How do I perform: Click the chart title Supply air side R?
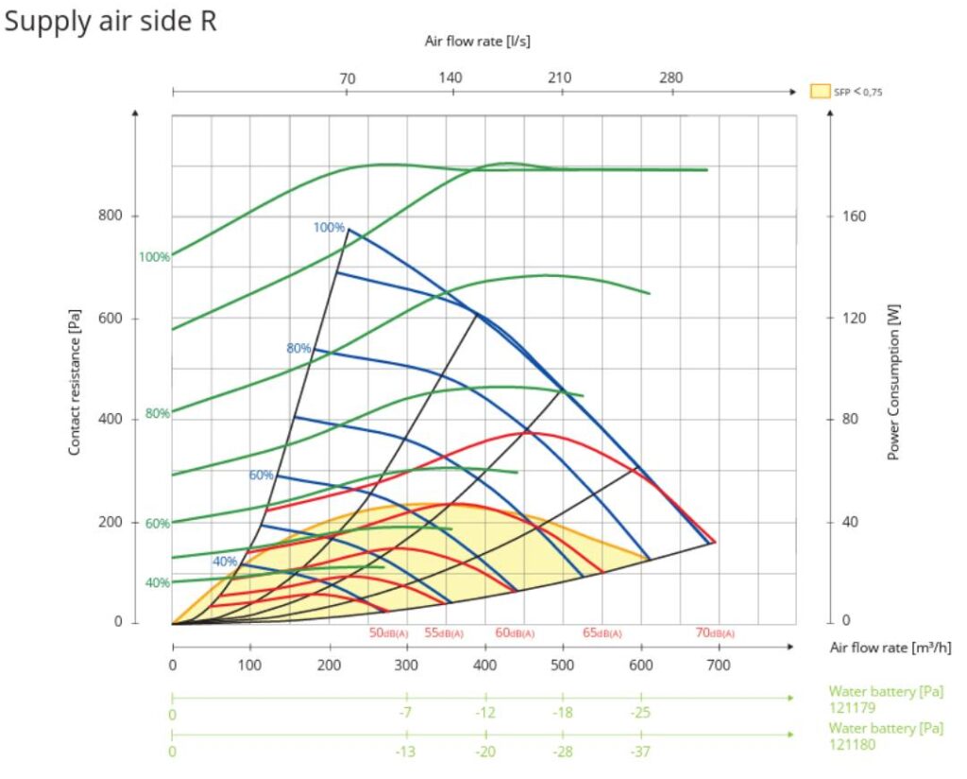pos(110,22)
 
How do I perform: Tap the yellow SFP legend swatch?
pos(819,92)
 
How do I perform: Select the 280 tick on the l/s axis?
pos(670,78)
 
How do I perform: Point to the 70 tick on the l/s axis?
pos(348,78)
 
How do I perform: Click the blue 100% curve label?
pos(329,227)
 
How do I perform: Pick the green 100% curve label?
pos(154,257)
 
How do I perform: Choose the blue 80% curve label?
pos(298,348)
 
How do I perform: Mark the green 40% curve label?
pos(158,582)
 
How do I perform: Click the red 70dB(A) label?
pos(715,632)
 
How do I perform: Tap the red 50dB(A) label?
pos(388,632)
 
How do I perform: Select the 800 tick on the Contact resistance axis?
pos(111,216)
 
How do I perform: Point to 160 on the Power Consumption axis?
pos(854,216)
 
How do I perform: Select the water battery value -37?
pos(641,751)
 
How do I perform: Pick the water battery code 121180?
pos(853,744)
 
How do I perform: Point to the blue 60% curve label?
pos(262,475)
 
